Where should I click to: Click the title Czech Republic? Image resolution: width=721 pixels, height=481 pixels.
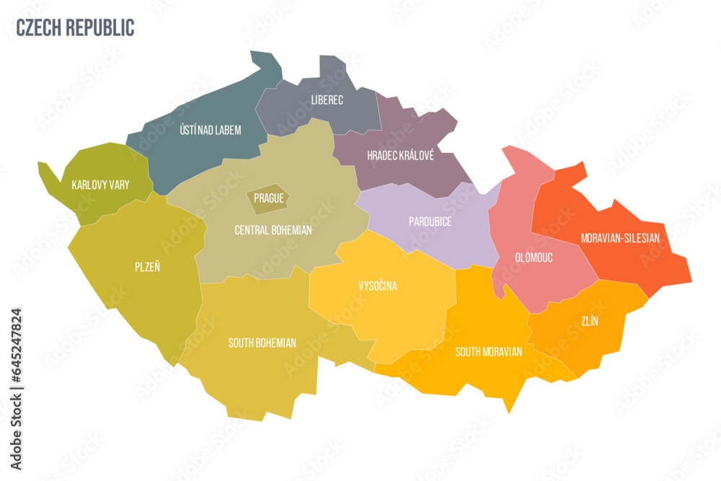(x=75, y=27)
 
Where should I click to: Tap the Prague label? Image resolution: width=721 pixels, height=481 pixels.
(x=268, y=198)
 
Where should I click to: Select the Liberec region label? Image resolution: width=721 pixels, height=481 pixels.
(x=327, y=100)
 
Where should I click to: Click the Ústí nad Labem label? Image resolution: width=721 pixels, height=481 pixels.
(x=210, y=131)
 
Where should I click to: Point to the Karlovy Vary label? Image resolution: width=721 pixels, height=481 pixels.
(x=101, y=185)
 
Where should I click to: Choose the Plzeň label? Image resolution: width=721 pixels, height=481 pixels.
(x=149, y=266)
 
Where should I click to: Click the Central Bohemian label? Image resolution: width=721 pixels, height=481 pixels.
(x=273, y=230)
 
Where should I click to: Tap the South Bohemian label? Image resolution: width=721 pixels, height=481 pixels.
(x=262, y=343)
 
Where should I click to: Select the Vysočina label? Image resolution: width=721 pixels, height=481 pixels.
(x=378, y=286)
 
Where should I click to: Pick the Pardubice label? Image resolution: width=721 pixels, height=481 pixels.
(x=430, y=222)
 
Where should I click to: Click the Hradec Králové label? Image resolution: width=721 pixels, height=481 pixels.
(x=400, y=156)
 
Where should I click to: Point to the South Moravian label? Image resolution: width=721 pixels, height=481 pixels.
(x=488, y=352)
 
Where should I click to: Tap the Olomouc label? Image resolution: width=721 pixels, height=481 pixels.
(x=534, y=257)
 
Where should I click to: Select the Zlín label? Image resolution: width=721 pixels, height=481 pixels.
(x=589, y=322)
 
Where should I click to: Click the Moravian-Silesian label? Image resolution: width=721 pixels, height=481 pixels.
(x=620, y=237)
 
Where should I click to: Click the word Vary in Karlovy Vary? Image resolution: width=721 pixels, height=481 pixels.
(x=117, y=185)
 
